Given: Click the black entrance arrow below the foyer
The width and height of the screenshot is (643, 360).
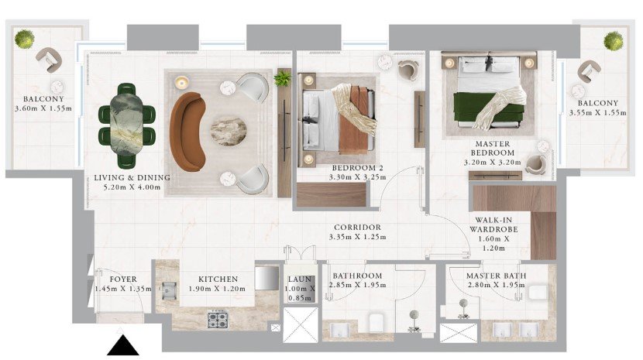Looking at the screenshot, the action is click(122, 345).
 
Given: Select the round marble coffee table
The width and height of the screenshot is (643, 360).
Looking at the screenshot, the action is click(229, 130).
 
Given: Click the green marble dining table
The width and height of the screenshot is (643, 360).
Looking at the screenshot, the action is click(126, 125).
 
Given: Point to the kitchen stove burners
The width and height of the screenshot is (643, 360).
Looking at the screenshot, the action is click(218, 320).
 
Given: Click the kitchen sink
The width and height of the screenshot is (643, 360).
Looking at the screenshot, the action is click(169, 290).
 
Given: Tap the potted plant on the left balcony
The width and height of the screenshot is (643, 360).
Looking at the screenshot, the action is click(25, 39).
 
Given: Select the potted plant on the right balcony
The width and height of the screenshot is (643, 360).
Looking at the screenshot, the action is click(613, 41).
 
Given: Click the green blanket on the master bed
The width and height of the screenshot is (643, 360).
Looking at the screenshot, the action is click(488, 110).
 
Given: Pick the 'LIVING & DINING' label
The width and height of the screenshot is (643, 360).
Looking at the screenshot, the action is click(132, 177).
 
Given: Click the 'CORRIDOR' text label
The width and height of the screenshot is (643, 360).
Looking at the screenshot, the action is click(357, 227).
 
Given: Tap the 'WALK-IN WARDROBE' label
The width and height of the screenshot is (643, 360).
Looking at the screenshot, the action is click(493, 225).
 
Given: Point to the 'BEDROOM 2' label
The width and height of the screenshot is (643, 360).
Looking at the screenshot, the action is click(357, 168).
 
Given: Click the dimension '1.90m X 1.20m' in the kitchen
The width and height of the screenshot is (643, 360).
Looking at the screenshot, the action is click(217, 289).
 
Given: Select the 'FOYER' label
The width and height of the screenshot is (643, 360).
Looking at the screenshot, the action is click(123, 279).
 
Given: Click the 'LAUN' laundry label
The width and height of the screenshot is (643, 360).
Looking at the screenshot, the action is click(300, 279).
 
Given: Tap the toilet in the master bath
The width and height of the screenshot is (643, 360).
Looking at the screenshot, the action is click(538, 293).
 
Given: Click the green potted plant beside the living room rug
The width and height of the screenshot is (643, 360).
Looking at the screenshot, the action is click(283, 78).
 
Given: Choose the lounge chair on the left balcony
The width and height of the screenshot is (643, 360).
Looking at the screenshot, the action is click(49, 60).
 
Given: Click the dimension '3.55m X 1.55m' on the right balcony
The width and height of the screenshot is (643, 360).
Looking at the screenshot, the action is click(597, 112).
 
